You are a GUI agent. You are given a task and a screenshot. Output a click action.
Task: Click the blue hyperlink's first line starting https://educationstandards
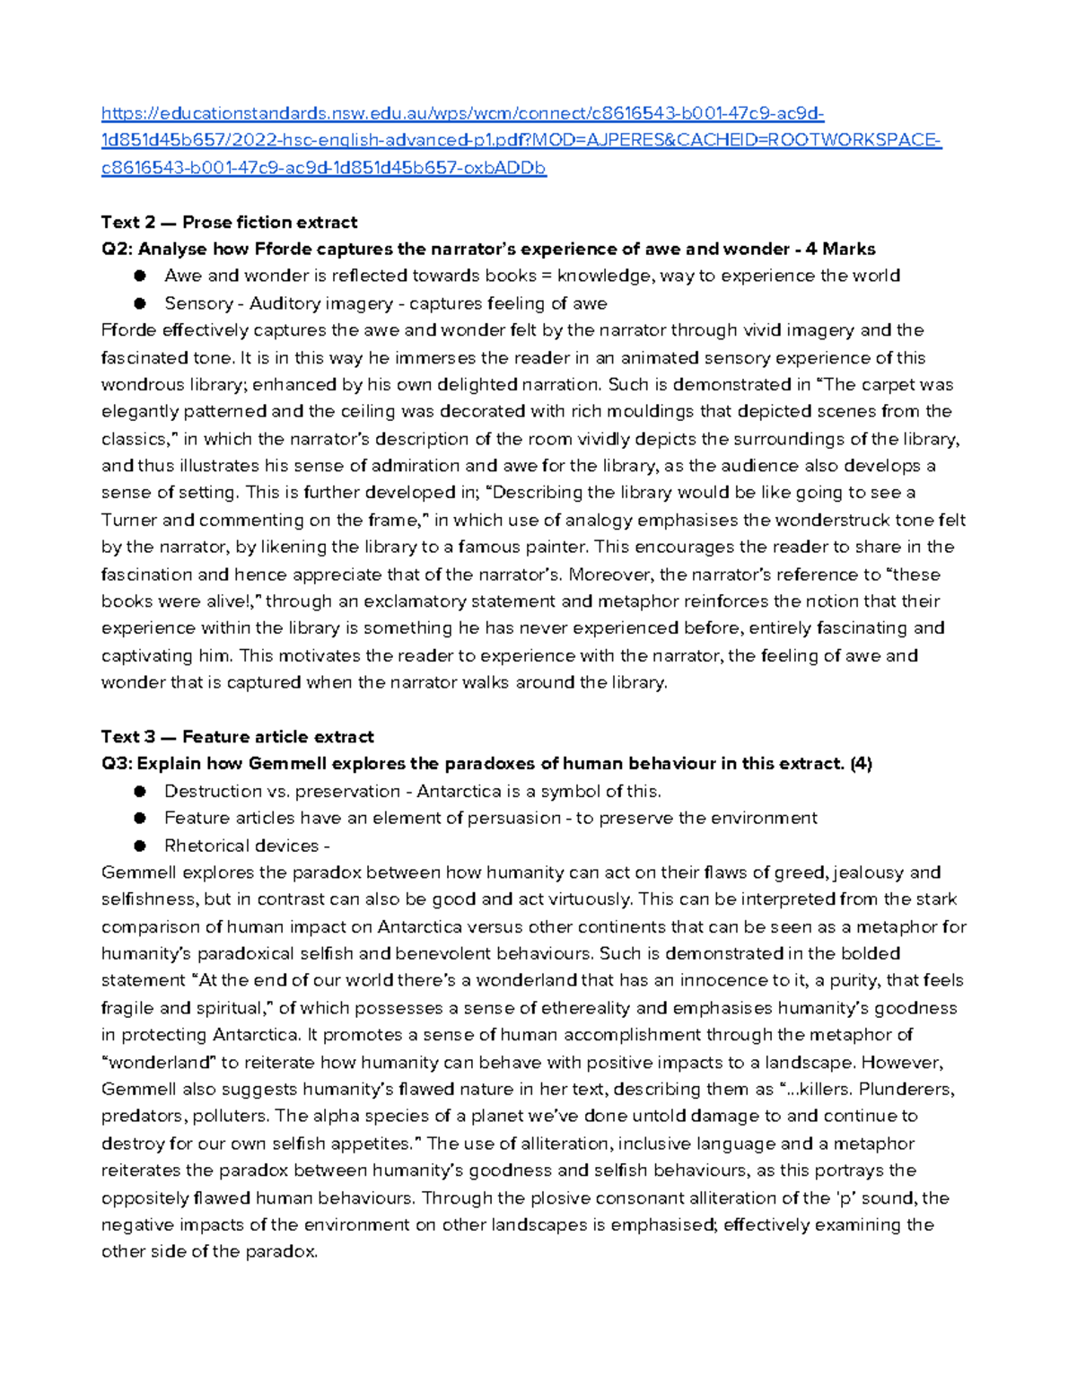point(462,113)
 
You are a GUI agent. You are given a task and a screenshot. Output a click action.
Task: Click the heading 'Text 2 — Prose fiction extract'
point(229,222)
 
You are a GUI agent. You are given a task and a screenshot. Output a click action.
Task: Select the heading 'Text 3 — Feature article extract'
point(237,737)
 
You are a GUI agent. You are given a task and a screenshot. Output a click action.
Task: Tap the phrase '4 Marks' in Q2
point(841,249)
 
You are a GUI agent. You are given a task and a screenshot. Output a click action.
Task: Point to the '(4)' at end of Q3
point(862,764)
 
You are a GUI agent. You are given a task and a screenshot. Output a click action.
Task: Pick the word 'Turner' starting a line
point(129,520)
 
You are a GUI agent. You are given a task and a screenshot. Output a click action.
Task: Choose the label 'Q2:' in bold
point(117,249)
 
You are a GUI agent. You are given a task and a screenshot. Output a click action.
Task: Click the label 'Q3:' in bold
point(117,764)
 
